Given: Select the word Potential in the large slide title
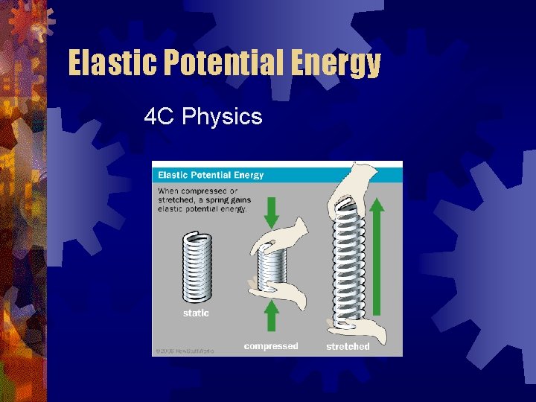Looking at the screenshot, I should point(220,64).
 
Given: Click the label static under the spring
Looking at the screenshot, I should point(196,313).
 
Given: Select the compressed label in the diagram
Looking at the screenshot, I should point(271,346).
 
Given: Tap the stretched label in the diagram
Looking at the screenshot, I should point(348,347).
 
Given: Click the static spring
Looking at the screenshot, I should point(197,267).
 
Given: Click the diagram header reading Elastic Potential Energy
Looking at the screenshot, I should point(210,175).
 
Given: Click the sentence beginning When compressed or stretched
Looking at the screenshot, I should point(204,200).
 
